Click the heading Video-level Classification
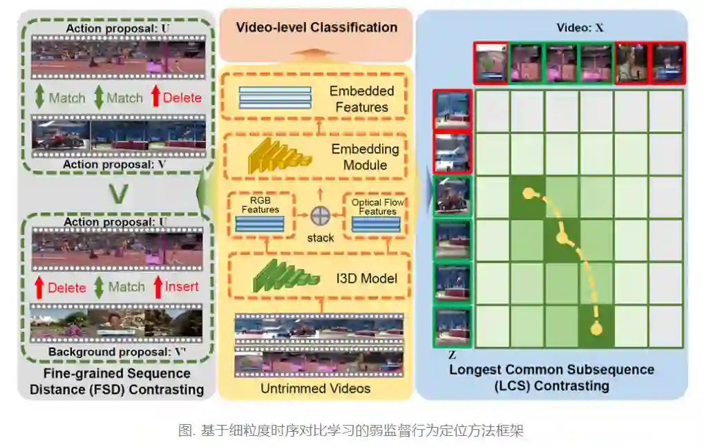tap(316, 28)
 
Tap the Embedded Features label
tap(361, 99)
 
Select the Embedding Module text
tap(365, 157)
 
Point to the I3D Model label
tap(366, 278)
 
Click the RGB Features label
tap(260, 205)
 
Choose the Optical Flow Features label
tap(377, 207)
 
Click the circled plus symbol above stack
tap(319, 216)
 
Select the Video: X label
tap(580, 28)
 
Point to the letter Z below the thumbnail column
tap(451, 355)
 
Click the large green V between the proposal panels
tap(119, 193)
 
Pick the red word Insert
tap(182, 287)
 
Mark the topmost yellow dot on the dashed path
tap(528, 193)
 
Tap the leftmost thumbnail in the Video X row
tap(491, 63)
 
